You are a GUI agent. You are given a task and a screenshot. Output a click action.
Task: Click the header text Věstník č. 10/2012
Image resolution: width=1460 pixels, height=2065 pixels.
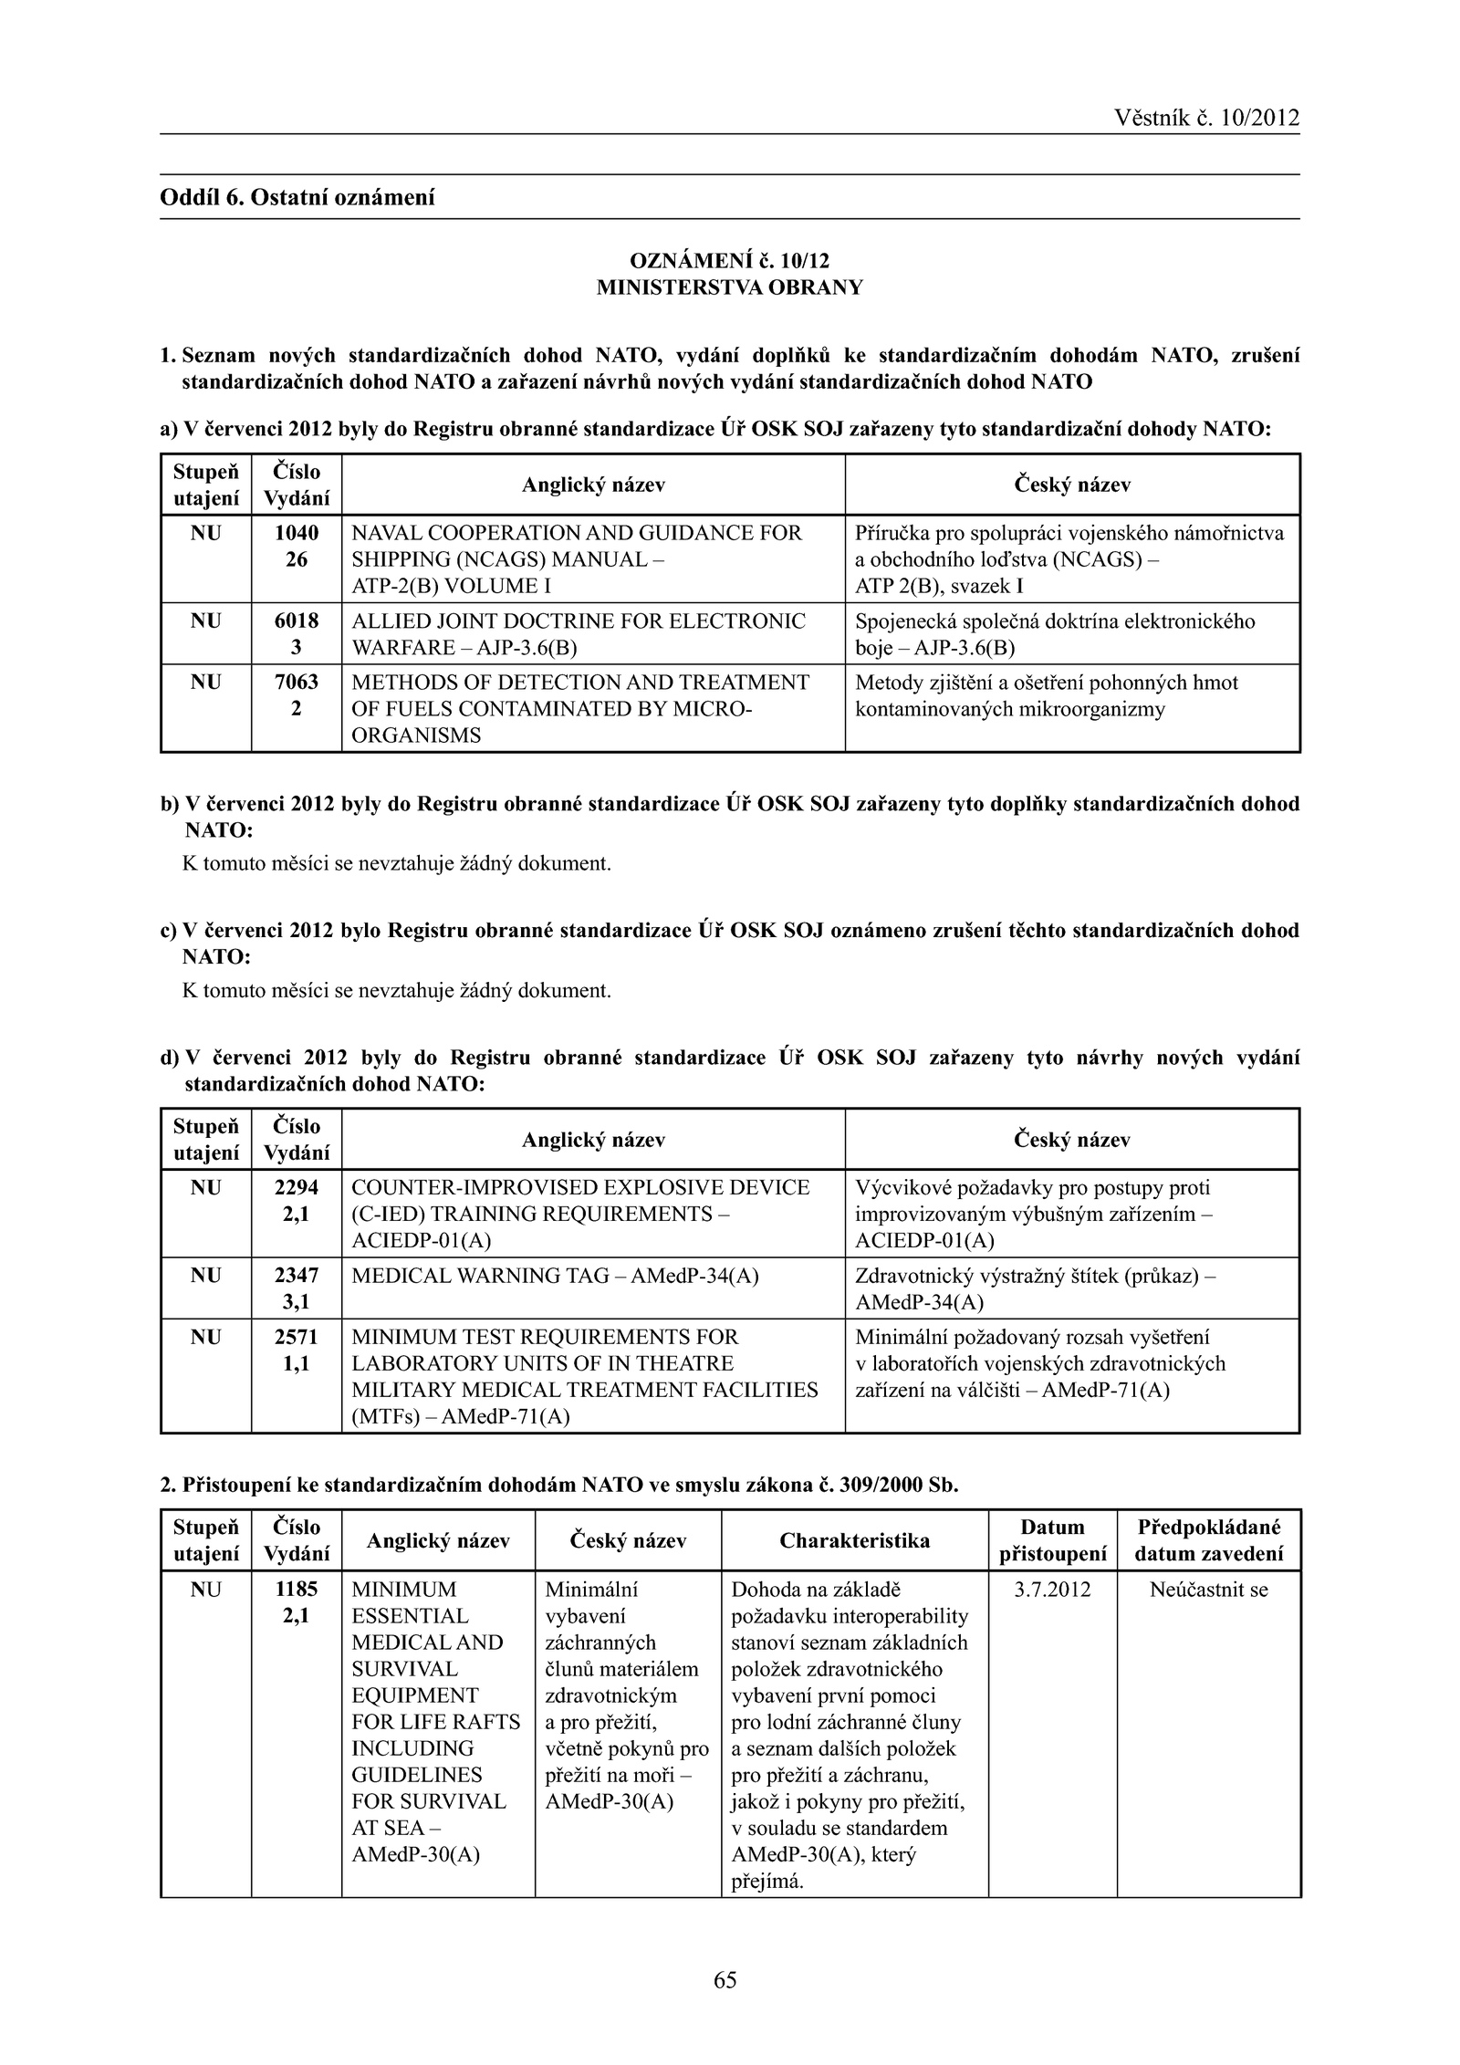pos(1206,118)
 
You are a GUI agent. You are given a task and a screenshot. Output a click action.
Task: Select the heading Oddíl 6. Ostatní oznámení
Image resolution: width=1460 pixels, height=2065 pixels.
pos(297,197)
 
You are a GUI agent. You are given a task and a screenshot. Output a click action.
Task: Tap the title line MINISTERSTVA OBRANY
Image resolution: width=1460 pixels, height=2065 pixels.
pos(729,287)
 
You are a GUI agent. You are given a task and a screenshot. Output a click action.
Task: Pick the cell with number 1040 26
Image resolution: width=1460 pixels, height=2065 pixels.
pos(297,546)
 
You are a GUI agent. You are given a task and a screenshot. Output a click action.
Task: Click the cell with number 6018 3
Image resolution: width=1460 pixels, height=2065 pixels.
pos(297,634)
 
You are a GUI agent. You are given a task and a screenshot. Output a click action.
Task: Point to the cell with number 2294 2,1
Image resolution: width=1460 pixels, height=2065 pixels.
pos(297,1201)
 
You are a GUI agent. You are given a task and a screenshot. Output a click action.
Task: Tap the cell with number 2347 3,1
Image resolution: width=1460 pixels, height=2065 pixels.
pos(297,1288)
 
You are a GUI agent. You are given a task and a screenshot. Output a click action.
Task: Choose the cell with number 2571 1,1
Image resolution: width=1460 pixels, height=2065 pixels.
pos(297,1350)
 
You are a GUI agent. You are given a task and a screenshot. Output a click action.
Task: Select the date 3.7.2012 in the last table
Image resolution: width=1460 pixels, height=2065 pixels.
pos(1052,1590)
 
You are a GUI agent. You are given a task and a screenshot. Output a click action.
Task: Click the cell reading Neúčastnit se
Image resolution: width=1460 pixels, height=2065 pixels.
pos(1208,1590)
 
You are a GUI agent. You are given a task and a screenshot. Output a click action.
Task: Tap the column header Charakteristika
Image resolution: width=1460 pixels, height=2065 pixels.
pos(854,1540)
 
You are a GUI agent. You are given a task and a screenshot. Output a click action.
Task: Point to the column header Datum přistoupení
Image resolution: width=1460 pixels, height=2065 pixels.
pos(1052,1540)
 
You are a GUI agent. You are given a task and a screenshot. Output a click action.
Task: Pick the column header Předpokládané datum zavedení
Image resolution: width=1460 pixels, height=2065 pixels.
pos(1208,1540)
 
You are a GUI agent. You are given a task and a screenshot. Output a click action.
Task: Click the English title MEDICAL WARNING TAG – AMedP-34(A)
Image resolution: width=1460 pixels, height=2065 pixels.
pos(555,1276)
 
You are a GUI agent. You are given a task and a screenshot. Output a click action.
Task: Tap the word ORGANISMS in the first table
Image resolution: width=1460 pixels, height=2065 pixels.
pos(416,735)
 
